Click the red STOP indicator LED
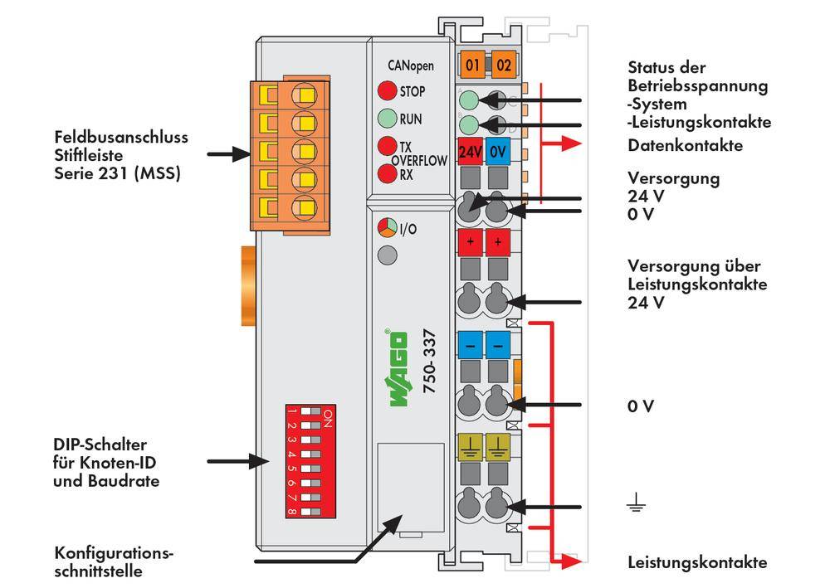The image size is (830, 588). [387, 91]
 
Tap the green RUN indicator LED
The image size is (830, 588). [387, 119]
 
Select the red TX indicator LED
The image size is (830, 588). [387, 146]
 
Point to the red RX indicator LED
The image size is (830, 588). [387, 174]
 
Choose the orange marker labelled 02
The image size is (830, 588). [502, 64]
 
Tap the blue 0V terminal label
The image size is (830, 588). [498, 153]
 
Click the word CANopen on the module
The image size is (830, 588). [410, 66]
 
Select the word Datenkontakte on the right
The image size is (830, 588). [685, 146]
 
